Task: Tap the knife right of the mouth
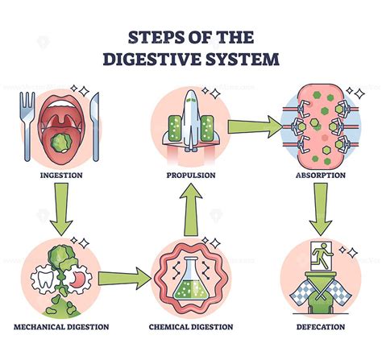tap(95, 117)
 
